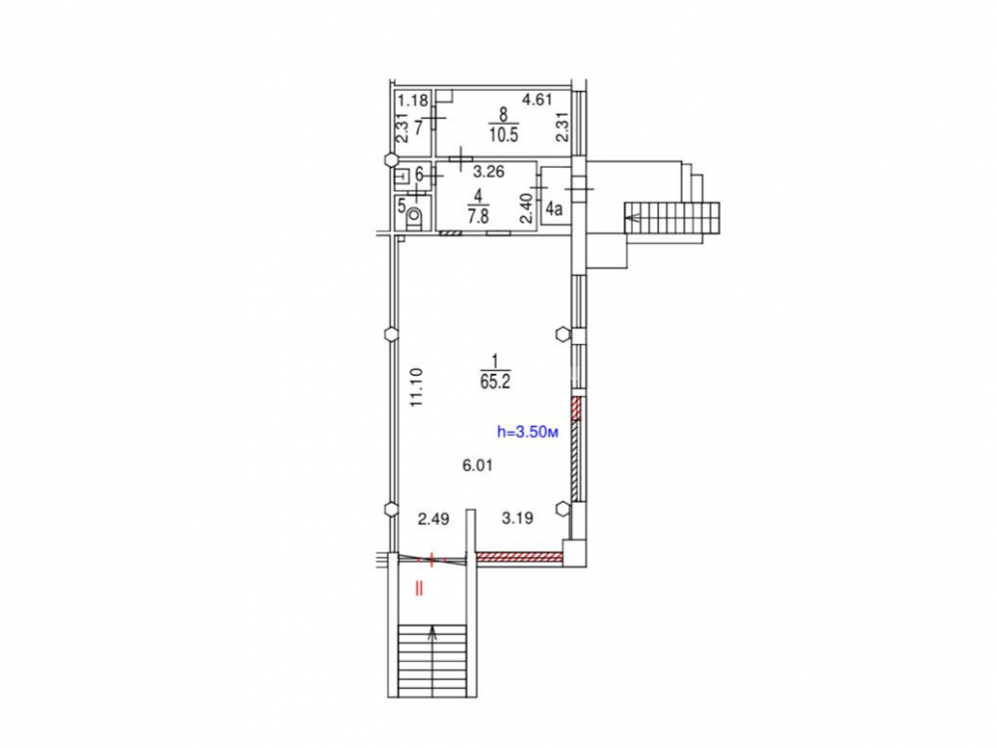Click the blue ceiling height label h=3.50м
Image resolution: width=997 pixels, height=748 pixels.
click(x=527, y=433)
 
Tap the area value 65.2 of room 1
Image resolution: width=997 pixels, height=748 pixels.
click(x=496, y=382)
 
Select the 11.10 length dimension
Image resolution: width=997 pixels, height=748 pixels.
click(x=417, y=387)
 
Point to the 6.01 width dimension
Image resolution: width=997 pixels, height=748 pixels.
click(x=478, y=466)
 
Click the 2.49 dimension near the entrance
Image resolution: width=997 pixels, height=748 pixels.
click(x=434, y=519)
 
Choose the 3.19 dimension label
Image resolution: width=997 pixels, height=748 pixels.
click(x=517, y=518)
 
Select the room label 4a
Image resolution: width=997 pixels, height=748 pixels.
click(x=554, y=208)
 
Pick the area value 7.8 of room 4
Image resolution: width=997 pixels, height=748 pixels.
click(x=479, y=216)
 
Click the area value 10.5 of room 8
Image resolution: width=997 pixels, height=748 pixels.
click(x=503, y=135)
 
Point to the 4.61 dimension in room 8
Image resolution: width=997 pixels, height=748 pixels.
click(x=537, y=99)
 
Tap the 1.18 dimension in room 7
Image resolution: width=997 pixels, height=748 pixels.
click(x=413, y=100)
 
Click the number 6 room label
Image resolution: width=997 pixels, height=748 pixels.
click(x=419, y=174)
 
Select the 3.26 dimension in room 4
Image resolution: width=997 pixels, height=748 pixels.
click(x=489, y=172)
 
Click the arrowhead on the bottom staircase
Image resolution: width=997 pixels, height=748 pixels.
click(x=433, y=632)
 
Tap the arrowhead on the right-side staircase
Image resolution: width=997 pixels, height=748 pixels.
click(x=631, y=218)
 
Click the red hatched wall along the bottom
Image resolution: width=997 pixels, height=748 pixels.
click(x=519, y=558)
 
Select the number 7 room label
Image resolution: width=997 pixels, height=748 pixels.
click(x=419, y=128)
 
